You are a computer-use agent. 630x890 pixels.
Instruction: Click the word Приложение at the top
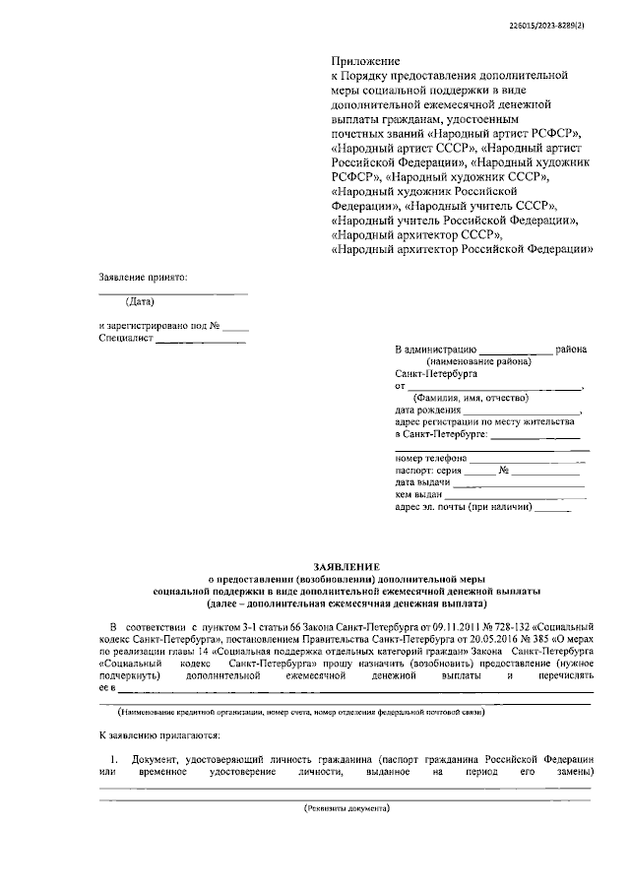coord(363,61)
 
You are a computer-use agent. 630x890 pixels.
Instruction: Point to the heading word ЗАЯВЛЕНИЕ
coord(346,566)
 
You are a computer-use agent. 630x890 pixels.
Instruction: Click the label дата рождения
coord(428,410)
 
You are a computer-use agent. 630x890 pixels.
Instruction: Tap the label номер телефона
coord(429,458)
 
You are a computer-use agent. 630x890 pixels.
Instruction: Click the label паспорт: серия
coord(428,471)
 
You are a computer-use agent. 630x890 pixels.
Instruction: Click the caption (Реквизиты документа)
coord(346,807)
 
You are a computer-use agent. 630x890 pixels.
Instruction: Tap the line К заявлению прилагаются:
coord(159,735)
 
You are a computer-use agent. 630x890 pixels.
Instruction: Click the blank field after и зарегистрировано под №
coord(235,325)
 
